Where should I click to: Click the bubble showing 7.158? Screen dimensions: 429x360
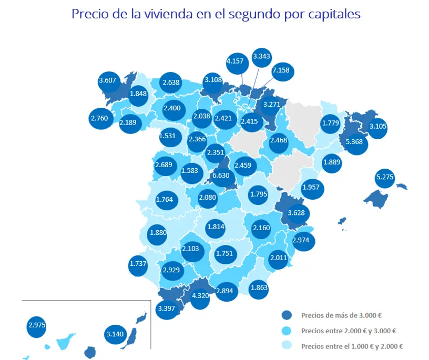coord(282,71)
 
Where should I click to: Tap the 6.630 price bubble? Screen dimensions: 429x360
coord(221,176)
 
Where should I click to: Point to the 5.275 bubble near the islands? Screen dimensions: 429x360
coord(385,178)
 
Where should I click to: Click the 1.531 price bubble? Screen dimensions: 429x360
coord(170,137)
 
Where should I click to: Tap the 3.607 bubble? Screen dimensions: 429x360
coord(109,81)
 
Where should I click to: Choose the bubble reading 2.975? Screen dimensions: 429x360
coord(36,326)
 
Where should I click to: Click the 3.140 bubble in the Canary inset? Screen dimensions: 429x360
coord(115,334)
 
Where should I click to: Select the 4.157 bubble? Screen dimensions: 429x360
coord(237,64)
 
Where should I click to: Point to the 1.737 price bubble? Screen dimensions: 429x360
coord(138,265)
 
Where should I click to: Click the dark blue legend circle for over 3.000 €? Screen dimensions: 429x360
coord(287,315)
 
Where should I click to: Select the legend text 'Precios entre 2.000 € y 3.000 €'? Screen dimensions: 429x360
coord(348,331)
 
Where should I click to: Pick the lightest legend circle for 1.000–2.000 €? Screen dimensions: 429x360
coord(287,345)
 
